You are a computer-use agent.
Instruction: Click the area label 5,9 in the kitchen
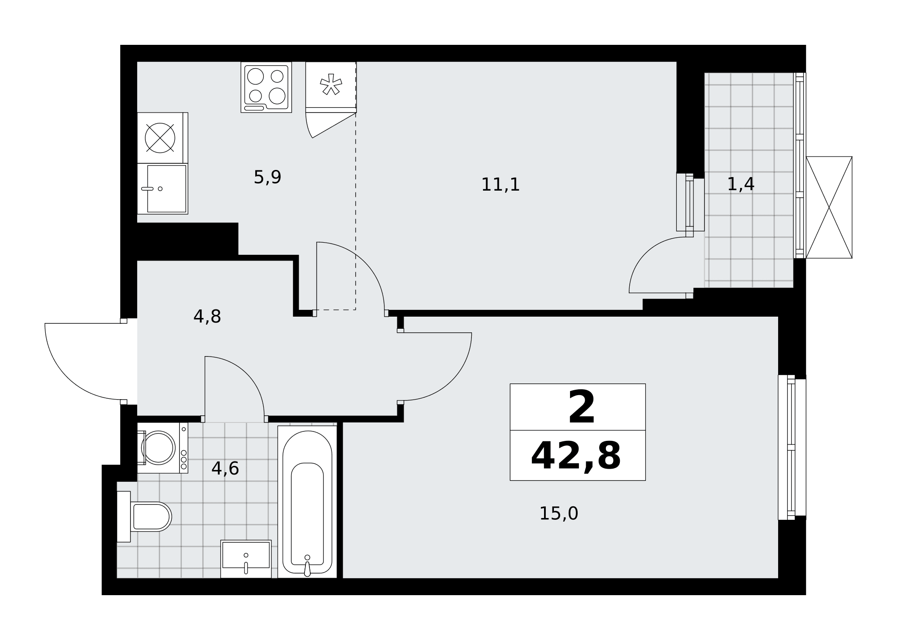pyautogui.click(x=267, y=178)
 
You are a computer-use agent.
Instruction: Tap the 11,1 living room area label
pyautogui.click(x=500, y=185)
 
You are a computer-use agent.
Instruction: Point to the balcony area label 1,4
pyautogui.click(x=740, y=184)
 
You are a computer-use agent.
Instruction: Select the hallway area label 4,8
pyautogui.click(x=207, y=317)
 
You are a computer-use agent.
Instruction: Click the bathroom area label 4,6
pyautogui.click(x=225, y=469)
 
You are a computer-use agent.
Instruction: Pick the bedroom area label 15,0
pyautogui.click(x=558, y=514)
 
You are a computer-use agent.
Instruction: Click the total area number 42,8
pyautogui.click(x=576, y=456)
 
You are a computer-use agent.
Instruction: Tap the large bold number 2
pyautogui.click(x=581, y=407)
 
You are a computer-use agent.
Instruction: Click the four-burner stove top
pyautogui.click(x=266, y=87)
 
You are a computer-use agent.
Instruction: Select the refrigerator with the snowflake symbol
pyautogui.click(x=331, y=87)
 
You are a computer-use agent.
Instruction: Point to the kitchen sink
pyautogui.click(x=162, y=189)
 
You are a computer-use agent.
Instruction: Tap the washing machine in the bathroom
pyautogui.click(x=162, y=448)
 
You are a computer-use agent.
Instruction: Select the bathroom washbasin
pyautogui.click(x=246, y=559)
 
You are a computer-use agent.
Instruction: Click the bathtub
pyautogui.click(x=307, y=502)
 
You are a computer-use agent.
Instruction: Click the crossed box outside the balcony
pyautogui.click(x=829, y=207)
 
